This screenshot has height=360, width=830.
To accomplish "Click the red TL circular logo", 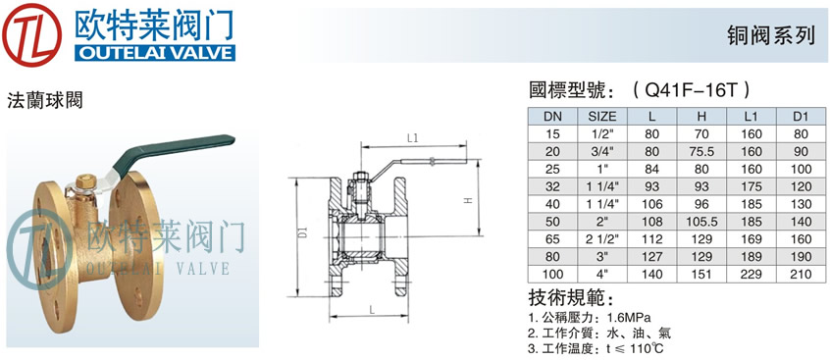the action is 32,35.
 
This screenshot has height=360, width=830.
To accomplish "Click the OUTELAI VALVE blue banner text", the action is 155,54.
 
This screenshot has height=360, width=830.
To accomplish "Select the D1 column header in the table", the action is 802,116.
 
